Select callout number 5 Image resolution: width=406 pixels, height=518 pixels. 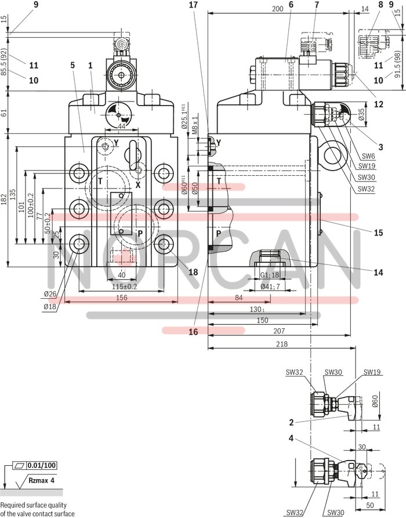coord(72,65)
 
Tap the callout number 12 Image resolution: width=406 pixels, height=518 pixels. coord(379,105)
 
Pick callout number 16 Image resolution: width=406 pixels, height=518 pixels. coord(193,332)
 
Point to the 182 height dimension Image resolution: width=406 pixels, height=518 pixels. coord(5,199)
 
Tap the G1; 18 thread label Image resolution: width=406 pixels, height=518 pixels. coord(270,275)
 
